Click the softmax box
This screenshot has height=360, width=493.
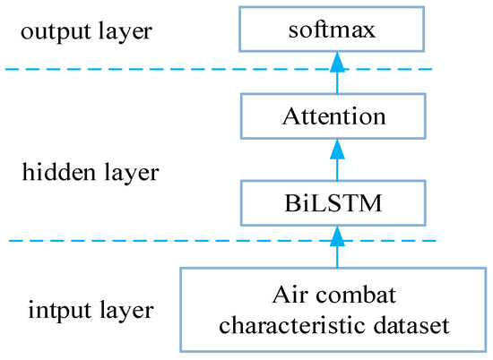336,29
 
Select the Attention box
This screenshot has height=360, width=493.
336,116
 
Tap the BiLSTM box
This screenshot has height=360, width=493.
336,202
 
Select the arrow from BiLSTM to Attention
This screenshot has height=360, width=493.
336,161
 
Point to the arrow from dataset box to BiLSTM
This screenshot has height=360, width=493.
336,248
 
